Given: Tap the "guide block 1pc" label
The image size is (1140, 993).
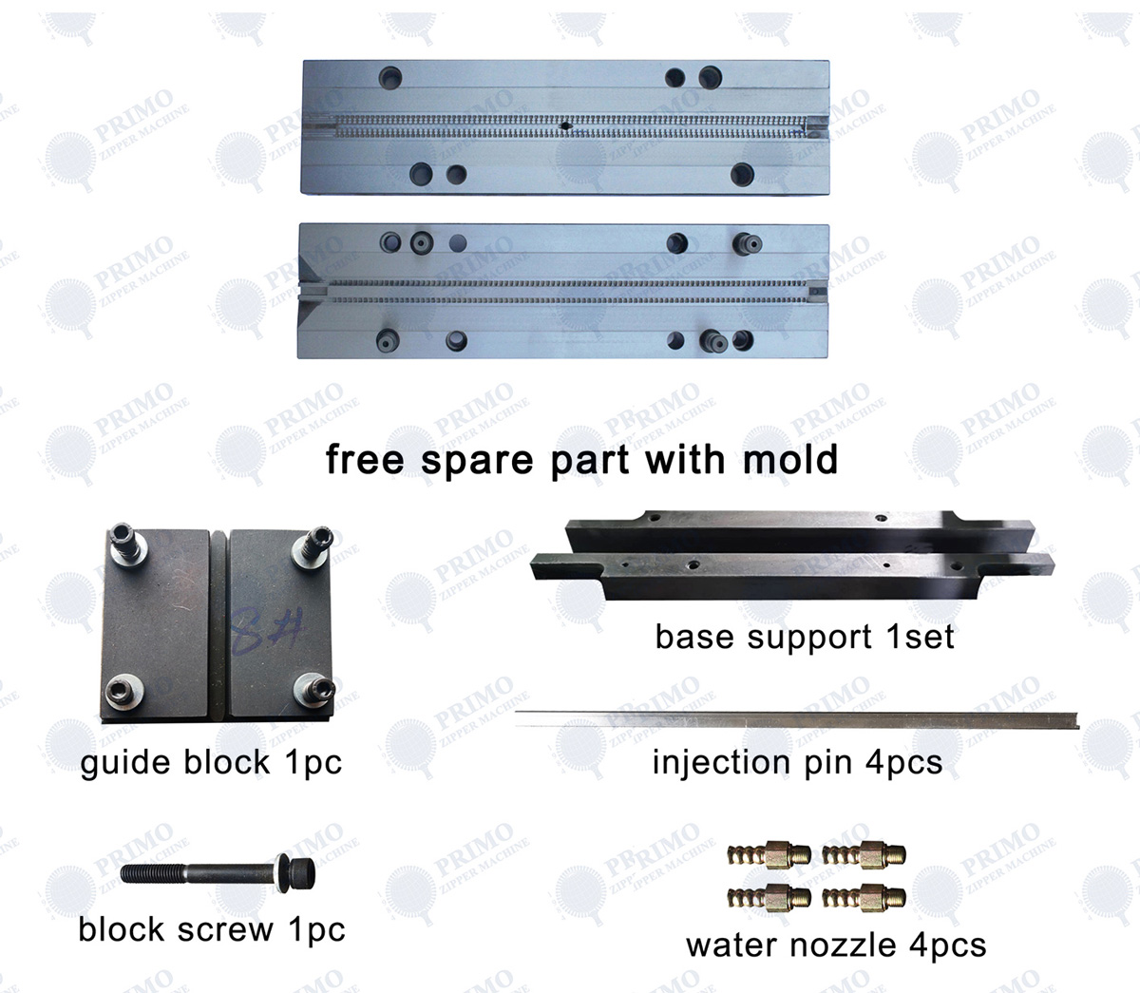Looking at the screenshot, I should [211, 762].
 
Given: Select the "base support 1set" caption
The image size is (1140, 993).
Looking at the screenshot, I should [805, 637].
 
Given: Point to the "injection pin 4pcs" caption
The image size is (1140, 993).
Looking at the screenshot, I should [797, 762].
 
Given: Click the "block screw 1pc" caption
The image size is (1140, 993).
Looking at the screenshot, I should [211, 929].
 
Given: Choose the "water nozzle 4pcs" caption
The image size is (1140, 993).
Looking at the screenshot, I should [836, 945].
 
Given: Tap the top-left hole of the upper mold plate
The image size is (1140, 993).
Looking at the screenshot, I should [389, 77].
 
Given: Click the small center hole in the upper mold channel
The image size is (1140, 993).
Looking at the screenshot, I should [565, 125].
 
